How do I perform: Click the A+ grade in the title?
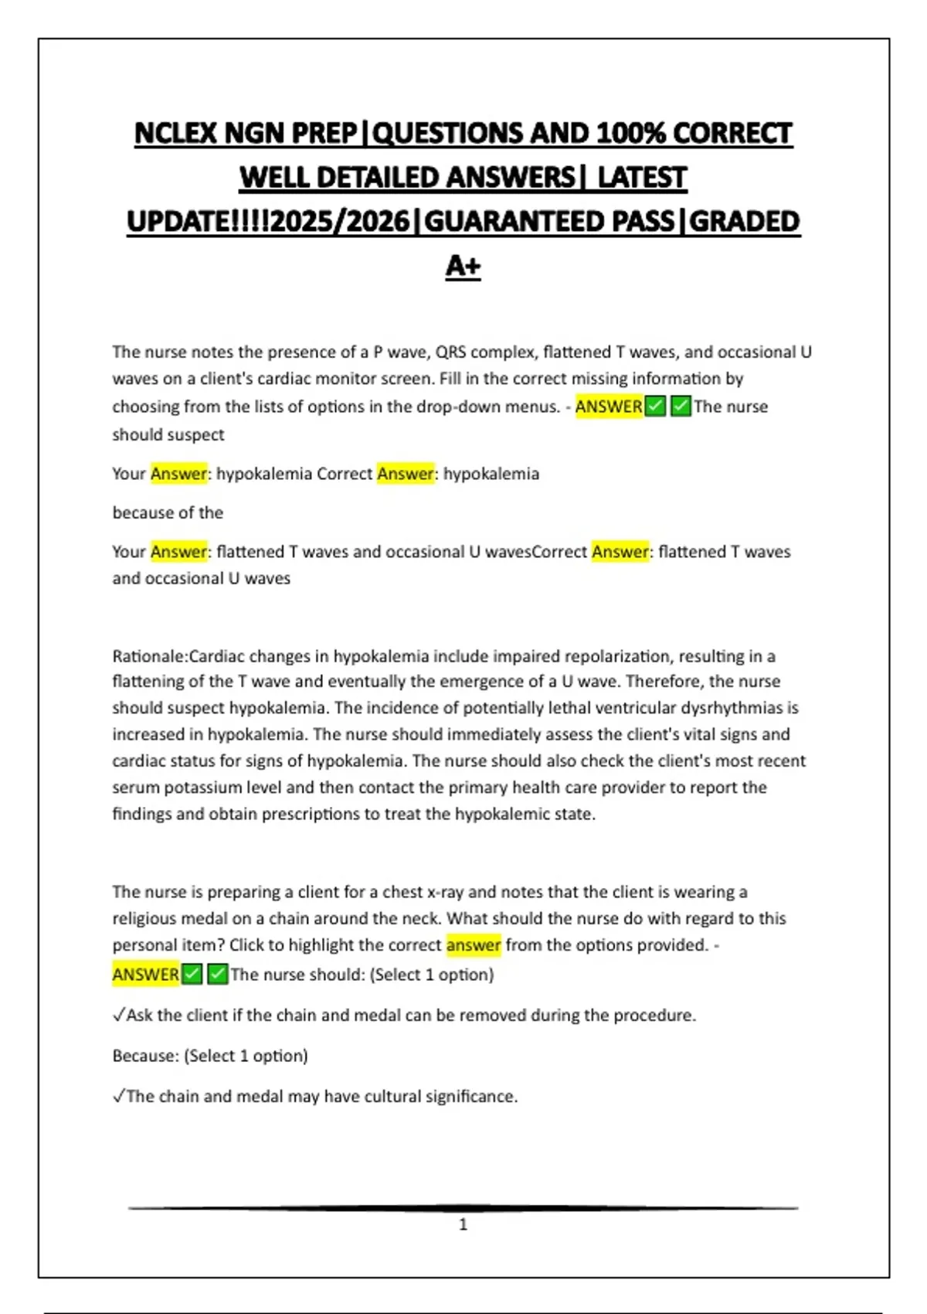[x=463, y=266]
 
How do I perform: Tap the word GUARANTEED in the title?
[x=548, y=222]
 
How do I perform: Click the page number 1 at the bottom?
[x=463, y=1224]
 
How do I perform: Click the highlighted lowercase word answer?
[x=474, y=945]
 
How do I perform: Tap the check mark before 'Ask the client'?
[x=118, y=1015]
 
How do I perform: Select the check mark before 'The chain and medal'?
[x=118, y=1096]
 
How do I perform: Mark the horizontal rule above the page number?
[x=463, y=1207]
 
